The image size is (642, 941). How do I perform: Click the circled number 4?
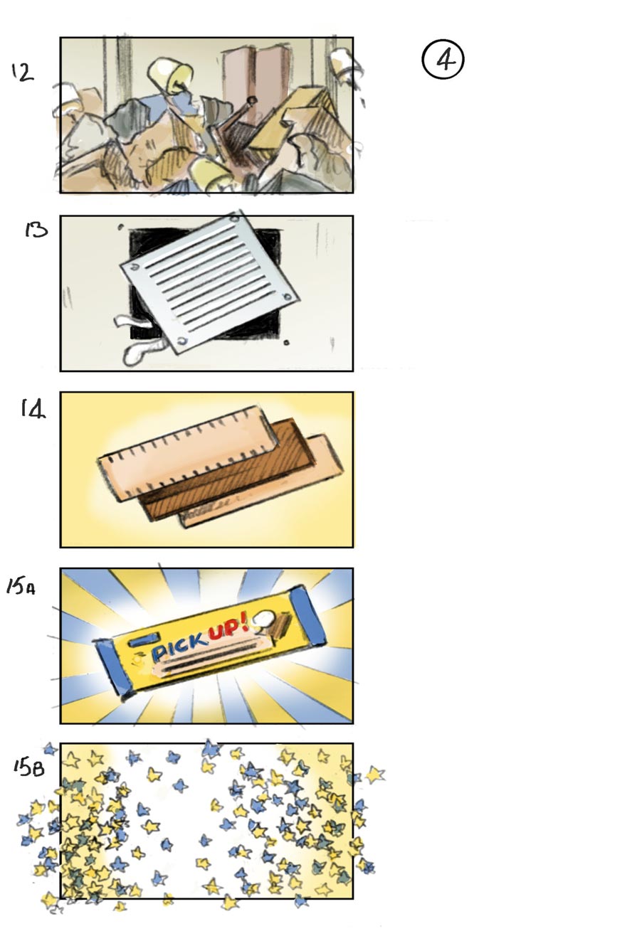(x=443, y=60)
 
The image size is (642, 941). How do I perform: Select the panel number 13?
(x=36, y=229)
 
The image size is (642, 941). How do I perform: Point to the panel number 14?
(x=33, y=408)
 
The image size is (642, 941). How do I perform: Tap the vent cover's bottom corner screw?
(x=183, y=342)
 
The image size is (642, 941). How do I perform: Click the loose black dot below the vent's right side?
(x=286, y=343)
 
